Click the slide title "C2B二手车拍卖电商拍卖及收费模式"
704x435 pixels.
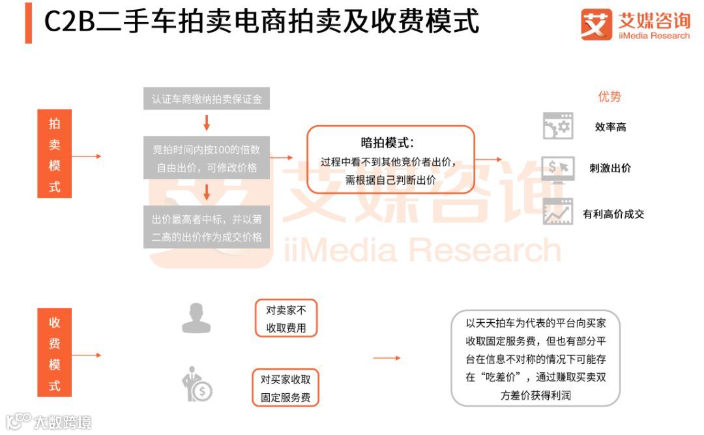pyautogui.click(x=261, y=22)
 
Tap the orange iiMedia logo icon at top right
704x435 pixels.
pyautogui.click(x=596, y=25)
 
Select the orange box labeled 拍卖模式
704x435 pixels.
pyautogui.click(x=55, y=155)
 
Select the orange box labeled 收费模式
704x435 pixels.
pyautogui.click(x=55, y=354)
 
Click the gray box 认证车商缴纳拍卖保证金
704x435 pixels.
pyautogui.click(x=207, y=99)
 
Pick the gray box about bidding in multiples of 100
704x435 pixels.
pyautogui.click(x=207, y=158)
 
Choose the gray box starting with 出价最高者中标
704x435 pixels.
pyautogui.click(x=207, y=228)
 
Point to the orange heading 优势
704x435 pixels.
pyautogui.click(x=609, y=97)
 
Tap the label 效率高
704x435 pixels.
pyautogui.click(x=610, y=127)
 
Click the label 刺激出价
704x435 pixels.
pyautogui.click(x=610, y=168)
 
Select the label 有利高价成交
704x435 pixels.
pyautogui.click(x=613, y=214)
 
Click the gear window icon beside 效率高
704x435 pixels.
pyautogui.click(x=557, y=126)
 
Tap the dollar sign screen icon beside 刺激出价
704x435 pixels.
pyautogui.click(x=557, y=168)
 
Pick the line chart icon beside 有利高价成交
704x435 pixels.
pyautogui.click(x=557, y=212)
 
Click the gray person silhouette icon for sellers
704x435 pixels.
pyautogui.click(x=196, y=318)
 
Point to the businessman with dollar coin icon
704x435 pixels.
pyautogui.click(x=197, y=385)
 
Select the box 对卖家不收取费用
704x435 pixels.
pyautogui.click(x=286, y=319)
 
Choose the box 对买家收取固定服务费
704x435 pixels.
pyautogui.click(x=286, y=387)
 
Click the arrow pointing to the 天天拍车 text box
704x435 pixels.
pyautogui.click(x=387, y=358)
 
